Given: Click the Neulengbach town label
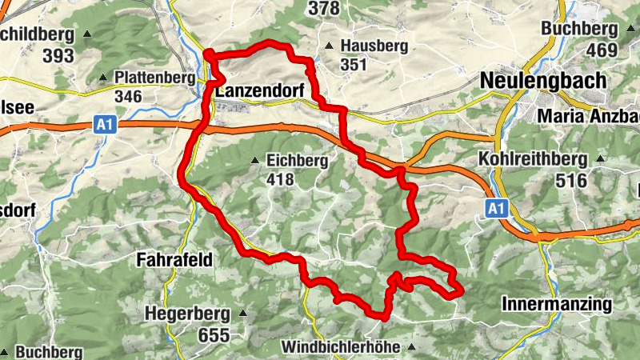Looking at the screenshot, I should click(543, 81).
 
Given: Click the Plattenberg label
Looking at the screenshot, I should click(154, 78).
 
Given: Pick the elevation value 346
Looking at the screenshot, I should click(128, 97).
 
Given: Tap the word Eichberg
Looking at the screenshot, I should click(298, 161).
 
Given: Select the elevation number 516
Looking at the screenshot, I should click(572, 180).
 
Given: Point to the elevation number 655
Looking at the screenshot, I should click(214, 335).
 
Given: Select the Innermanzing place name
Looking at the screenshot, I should click(557, 304).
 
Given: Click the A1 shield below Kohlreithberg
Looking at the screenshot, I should click(496, 209).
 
